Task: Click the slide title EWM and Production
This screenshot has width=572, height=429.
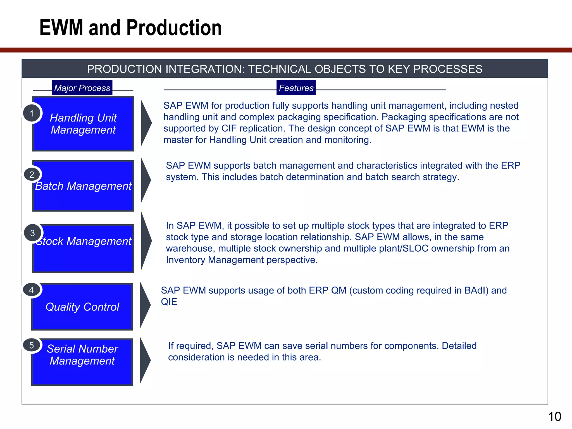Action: click(x=130, y=28)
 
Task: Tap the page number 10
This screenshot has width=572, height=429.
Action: click(x=554, y=417)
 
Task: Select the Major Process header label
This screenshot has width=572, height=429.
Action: click(x=82, y=88)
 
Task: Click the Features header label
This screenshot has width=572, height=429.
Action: click(x=296, y=88)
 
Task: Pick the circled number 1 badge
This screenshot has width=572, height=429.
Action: click(x=32, y=113)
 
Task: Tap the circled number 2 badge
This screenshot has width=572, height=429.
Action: click(x=32, y=175)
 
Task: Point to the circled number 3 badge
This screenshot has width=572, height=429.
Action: click(x=32, y=233)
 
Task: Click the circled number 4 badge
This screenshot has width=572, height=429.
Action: click(x=32, y=290)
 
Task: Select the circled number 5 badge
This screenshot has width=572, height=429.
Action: click(x=32, y=345)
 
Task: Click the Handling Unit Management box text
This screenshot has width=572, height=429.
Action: click(x=83, y=124)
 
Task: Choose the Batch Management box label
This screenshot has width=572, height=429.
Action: click(x=83, y=186)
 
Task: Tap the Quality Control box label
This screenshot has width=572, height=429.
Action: click(x=82, y=307)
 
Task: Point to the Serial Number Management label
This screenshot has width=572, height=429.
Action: click(x=82, y=355)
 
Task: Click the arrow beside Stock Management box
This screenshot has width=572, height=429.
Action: click(x=146, y=241)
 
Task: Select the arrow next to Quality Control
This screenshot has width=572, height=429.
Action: click(x=145, y=305)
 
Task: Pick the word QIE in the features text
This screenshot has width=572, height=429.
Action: click(x=169, y=302)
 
